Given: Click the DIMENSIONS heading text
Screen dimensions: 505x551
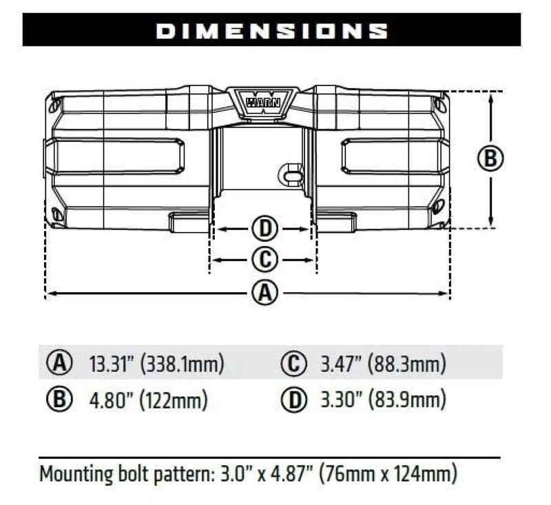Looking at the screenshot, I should point(271,30).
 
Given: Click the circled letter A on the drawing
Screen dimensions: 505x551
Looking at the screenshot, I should point(264,294).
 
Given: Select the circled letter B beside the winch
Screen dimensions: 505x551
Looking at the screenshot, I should point(490,158).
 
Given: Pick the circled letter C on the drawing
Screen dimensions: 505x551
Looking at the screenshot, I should point(264,260).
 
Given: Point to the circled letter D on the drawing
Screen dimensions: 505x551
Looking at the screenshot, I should point(262,228).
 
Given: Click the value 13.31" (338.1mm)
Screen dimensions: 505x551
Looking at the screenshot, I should point(157,363).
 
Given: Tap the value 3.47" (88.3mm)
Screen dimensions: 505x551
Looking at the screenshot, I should point(383,363).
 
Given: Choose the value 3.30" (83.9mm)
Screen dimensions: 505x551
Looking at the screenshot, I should point(384,399).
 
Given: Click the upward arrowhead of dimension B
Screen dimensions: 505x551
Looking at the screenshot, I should point(490,96).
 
